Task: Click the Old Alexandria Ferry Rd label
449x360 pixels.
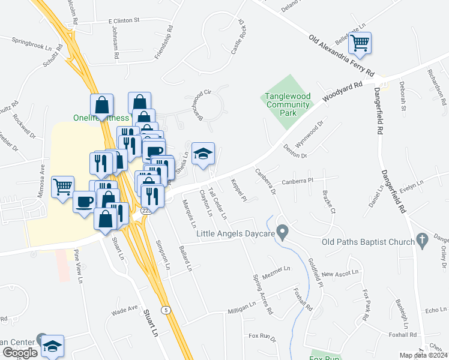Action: click(x=342, y=56)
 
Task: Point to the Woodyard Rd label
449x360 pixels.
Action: click(x=343, y=92)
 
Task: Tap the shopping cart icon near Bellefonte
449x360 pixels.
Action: click(x=360, y=43)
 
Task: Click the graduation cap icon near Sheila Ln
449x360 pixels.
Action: click(x=203, y=153)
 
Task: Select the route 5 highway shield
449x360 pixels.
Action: click(x=165, y=310)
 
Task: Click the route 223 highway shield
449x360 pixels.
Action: click(x=146, y=211)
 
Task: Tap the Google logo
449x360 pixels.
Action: click(x=20, y=353)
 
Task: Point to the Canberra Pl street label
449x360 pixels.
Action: click(x=298, y=181)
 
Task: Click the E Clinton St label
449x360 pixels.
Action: click(x=124, y=20)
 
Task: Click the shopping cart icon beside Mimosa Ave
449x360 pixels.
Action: click(x=62, y=187)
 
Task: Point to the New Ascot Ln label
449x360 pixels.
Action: click(x=340, y=274)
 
